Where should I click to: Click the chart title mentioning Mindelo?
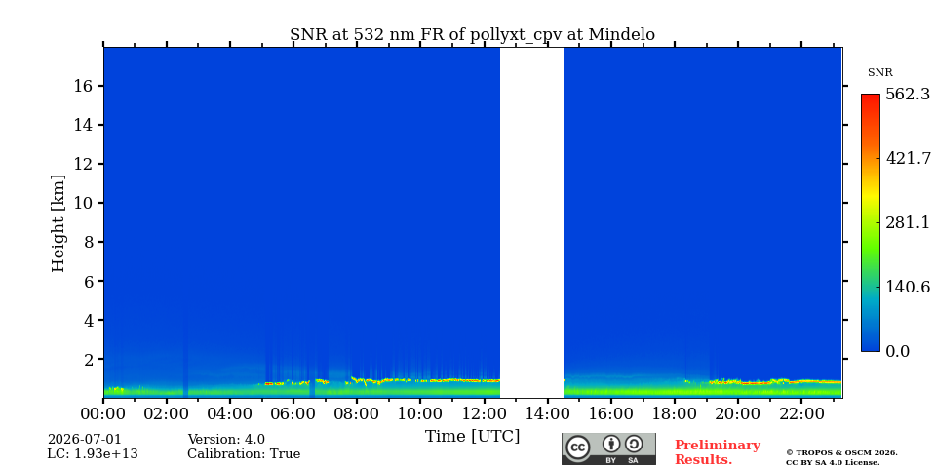pos(472,35)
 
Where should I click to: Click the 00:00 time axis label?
pos(104,413)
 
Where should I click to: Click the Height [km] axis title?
pos(58,223)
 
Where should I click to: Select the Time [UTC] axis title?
pos(472,437)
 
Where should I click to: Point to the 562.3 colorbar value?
pos(908,95)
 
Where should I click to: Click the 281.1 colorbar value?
pos(908,222)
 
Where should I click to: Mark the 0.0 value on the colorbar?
pos(897,351)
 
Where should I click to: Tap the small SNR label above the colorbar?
pos(879,73)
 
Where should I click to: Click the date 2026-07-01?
pos(84,440)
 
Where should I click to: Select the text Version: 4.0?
pos(226,440)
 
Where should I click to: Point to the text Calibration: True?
pos(244,454)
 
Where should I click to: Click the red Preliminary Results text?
pos(717,452)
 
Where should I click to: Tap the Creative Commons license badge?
pos(608,448)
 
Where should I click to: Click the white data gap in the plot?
pos(531,222)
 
